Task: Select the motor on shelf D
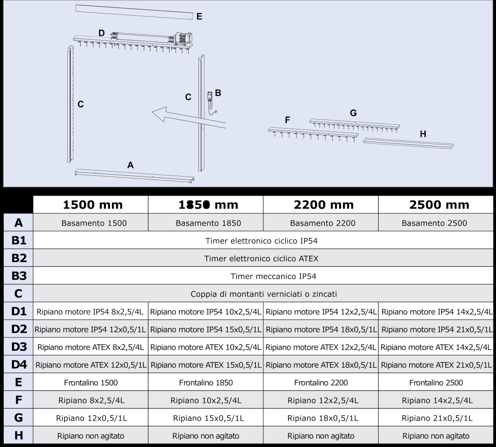(182, 38)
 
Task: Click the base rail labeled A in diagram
(134, 176)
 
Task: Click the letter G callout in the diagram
(353, 112)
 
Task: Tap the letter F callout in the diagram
(287, 120)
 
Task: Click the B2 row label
(18, 258)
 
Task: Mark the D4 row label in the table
(18, 365)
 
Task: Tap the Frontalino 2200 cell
(321, 382)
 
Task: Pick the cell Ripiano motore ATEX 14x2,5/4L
(436, 347)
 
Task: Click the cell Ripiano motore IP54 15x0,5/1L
(206, 330)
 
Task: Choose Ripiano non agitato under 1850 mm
(205, 436)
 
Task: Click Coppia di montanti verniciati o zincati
(264, 294)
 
